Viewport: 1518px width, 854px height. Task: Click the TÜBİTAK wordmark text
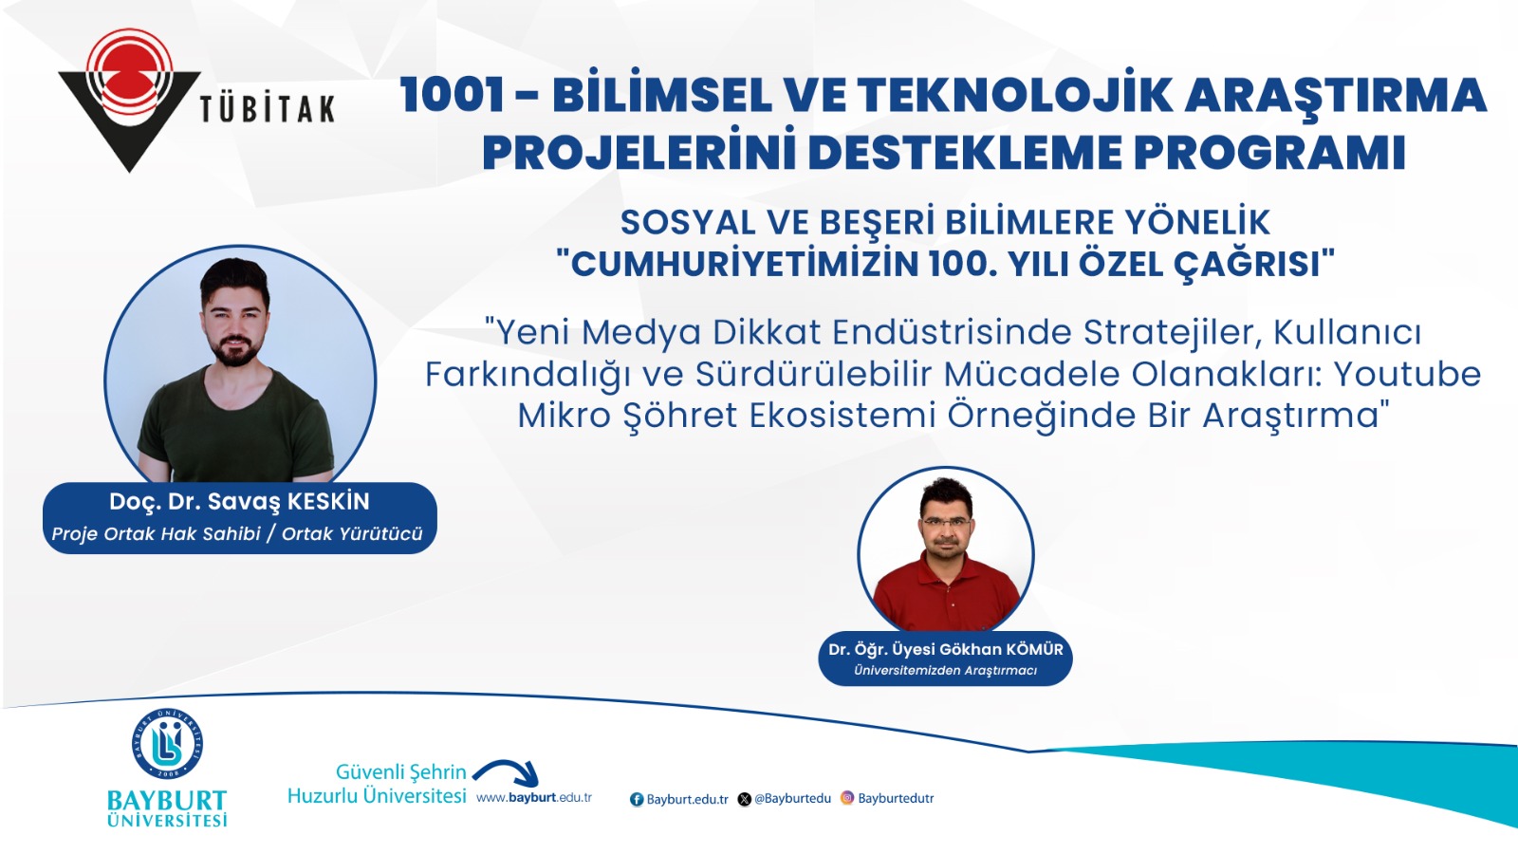click(268, 109)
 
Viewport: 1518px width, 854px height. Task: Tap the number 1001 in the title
click(452, 94)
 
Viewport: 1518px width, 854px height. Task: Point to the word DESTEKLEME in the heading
click(967, 153)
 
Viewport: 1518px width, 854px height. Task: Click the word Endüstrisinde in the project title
click(952, 332)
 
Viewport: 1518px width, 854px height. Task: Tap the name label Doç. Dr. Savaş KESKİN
click(239, 502)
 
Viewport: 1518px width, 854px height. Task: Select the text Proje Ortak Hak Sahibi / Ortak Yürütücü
click(237, 534)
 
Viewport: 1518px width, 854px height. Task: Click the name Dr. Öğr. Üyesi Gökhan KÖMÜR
click(945, 649)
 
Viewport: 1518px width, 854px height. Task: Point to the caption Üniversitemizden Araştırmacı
click(945, 671)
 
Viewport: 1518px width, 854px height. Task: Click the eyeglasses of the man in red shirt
click(948, 523)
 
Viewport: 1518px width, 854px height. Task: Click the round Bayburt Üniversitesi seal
click(167, 744)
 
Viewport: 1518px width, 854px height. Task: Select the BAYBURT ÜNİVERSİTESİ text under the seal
click(167, 808)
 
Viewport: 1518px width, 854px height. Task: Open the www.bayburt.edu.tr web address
click(534, 798)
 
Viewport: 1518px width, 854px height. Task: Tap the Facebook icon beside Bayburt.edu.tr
click(637, 799)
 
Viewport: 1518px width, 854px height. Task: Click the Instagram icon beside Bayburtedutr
click(847, 798)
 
